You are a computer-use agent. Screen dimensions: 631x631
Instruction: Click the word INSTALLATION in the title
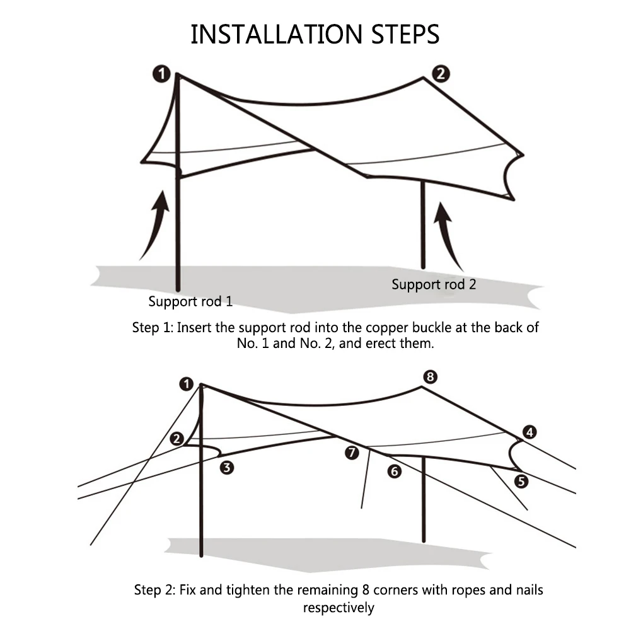[275, 35]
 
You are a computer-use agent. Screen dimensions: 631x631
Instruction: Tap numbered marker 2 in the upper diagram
[440, 74]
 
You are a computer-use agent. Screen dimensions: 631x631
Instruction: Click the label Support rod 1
[190, 301]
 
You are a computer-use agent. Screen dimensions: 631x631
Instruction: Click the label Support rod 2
[434, 284]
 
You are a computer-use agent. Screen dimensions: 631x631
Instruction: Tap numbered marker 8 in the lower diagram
[429, 377]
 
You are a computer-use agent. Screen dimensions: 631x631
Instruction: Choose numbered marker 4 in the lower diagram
[530, 432]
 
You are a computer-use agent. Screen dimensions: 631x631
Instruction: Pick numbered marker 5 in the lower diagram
[521, 482]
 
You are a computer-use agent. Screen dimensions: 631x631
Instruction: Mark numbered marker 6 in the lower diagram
[395, 470]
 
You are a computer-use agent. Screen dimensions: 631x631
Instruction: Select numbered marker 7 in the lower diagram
[352, 452]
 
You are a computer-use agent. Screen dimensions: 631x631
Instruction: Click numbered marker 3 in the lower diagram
[227, 467]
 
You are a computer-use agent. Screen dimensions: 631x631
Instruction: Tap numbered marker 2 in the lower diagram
[177, 439]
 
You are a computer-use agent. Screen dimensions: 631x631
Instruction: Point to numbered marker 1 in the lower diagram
[186, 383]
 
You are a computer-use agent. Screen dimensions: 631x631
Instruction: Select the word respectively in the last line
[339, 608]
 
